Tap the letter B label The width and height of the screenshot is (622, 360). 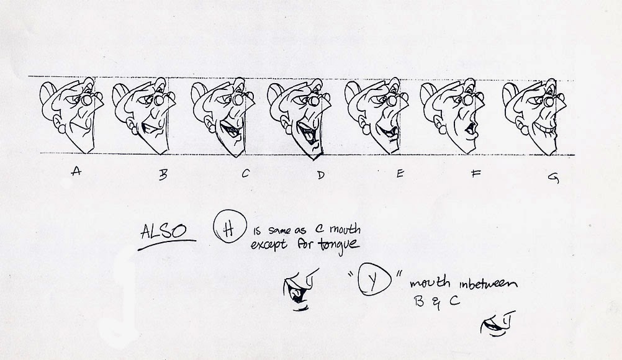(163, 176)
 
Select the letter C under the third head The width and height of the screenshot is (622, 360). (245, 174)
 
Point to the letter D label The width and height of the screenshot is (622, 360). (320, 175)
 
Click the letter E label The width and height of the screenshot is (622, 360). (400, 174)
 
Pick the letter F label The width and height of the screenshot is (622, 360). (476, 174)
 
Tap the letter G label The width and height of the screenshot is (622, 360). (552, 178)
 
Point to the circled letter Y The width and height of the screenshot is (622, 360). (373, 282)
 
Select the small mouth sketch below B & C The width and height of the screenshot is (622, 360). (498, 323)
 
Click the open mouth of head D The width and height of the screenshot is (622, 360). (307, 131)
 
